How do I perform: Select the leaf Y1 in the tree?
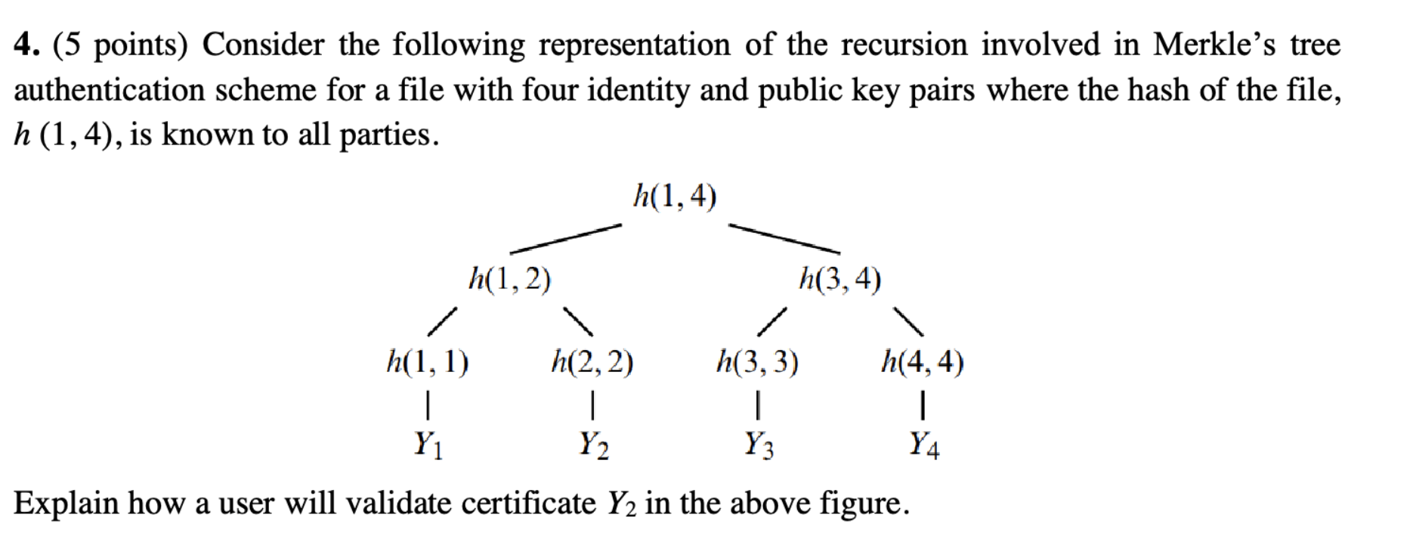pyautogui.click(x=428, y=444)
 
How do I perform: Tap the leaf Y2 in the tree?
pyautogui.click(x=593, y=444)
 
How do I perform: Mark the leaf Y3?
pyautogui.click(x=759, y=444)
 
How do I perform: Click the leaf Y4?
pyautogui.click(x=924, y=444)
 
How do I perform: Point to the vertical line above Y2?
pyautogui.click(x=593, y=403)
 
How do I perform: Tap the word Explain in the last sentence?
pyautogui.click(x=66, y=504)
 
